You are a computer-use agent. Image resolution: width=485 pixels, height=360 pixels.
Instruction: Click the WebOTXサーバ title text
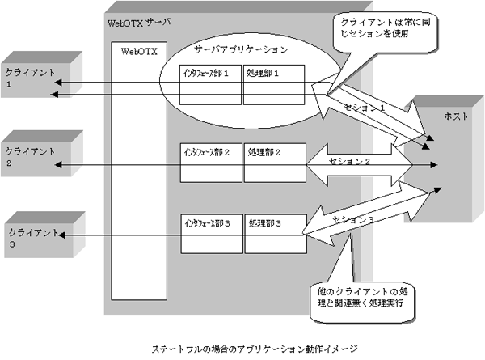(x=138, y=21)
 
